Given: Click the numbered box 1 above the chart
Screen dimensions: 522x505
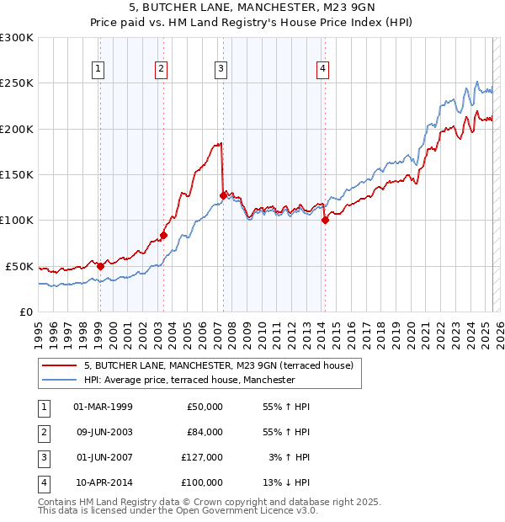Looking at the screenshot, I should tap(99, 69).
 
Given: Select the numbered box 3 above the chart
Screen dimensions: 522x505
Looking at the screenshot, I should tap(221, 69).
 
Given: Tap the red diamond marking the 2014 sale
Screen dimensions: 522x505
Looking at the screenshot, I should tap(325, 221).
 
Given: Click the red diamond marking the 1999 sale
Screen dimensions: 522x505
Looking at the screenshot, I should tap(100, 266).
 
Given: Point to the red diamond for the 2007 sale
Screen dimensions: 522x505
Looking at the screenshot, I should tap(223, 195).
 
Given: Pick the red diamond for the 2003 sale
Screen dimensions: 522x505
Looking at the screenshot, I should tap(163, 235).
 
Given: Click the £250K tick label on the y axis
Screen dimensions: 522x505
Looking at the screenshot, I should tap(17, 83).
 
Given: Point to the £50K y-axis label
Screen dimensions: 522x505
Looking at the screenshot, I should tap(20, 266).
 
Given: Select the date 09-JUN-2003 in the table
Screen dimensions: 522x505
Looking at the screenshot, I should tap(104, 432).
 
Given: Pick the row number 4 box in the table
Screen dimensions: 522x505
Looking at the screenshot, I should tap(42, 482).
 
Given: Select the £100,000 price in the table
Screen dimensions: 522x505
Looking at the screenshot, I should tap(203, 482).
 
